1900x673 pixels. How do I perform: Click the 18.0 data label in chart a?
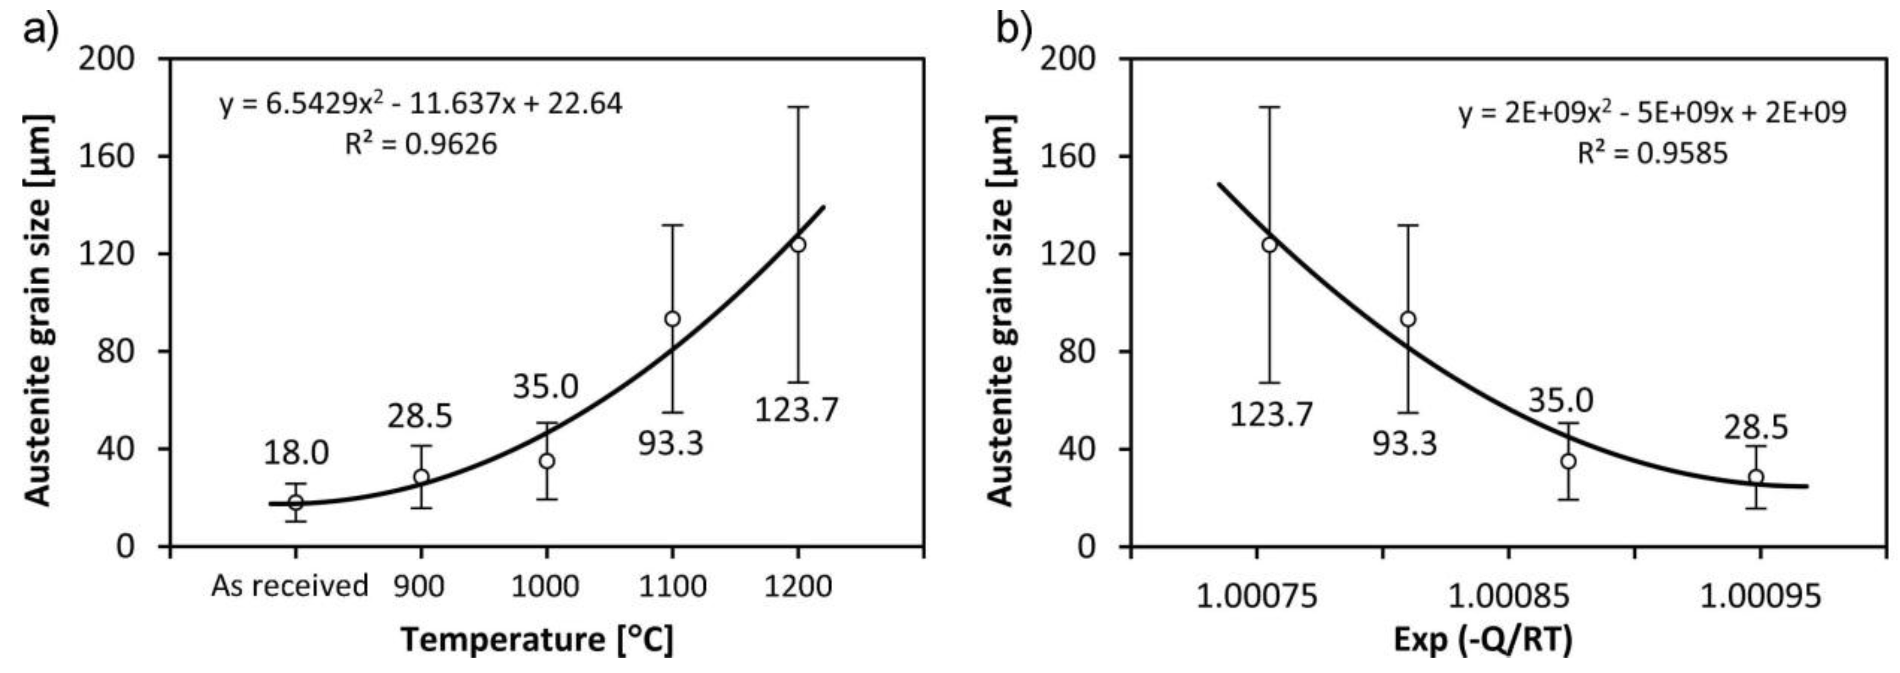296,453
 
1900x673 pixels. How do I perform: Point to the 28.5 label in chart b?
1756,428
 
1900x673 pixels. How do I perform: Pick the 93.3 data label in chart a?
671,444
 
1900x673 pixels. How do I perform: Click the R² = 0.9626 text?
421,144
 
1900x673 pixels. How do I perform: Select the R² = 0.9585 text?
1653,153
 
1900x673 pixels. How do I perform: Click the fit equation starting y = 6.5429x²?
421,104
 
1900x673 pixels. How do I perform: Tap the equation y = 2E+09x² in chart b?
1653,113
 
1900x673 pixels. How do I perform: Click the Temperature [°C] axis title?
537,639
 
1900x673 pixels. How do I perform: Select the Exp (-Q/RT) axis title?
1483,640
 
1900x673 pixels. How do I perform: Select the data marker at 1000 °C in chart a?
547,461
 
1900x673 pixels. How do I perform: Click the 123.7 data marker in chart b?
1269,244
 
